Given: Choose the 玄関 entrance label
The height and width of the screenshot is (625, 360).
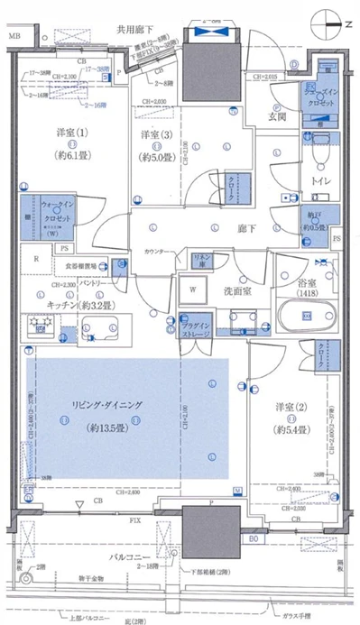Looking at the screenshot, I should (x=276, y=116).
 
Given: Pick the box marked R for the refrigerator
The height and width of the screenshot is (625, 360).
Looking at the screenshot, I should (x=35, y=260).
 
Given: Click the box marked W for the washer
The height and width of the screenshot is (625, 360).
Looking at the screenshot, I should (x=192, y=290).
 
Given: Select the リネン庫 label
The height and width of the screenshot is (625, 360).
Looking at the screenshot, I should (x=204, y=259).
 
